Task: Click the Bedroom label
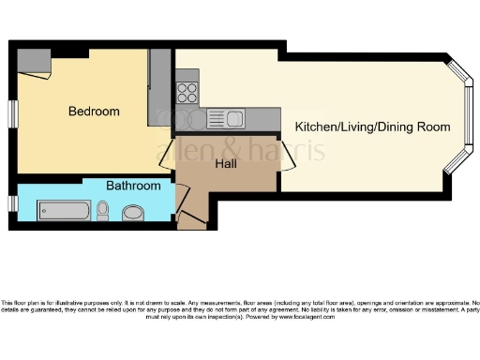pyautogui.click(x=94, y=112)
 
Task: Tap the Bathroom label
pyautogui.click(x=132, y=186)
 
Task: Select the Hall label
pyautogui.click(x=226, y=164)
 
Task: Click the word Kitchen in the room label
pyautogui.click(x=313, y=127)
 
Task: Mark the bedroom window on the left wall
pyautogui.click(x=13, y=110)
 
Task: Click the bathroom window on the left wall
pyautogui.click(x=13, y=202)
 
